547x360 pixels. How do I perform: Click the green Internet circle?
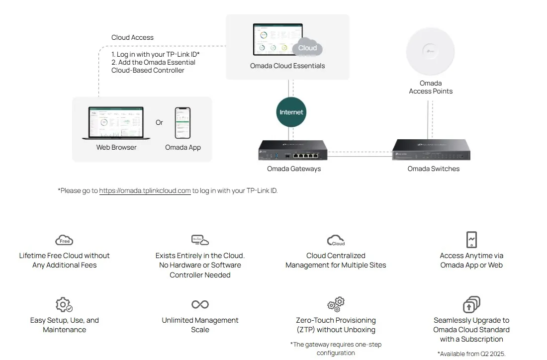click(x=291, y=112)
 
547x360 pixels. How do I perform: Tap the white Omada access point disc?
click(x=430, y=50)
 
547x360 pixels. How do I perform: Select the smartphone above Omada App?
click(x=182, y=123)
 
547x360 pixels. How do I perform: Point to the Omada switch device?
click(x=431, y=150)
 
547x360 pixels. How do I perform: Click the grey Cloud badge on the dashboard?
click(x=307, y=48)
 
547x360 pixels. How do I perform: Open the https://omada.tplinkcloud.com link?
click(x=145, y=190)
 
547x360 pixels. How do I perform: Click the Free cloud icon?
click(x=64, y=240)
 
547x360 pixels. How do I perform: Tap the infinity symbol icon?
click(x=200, y=304)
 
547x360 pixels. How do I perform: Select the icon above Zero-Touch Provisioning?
click(x=336, y=304)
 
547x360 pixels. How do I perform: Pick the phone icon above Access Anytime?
click(x=471, y=240)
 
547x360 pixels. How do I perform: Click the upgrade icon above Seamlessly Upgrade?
click(x=471, y=304)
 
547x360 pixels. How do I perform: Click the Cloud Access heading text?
click(x=132, y=37)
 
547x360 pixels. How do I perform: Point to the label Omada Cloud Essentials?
click(x=287, y=66)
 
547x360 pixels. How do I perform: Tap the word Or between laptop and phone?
click(x=159, y=122)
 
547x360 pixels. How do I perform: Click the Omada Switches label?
click(x=433, y=169)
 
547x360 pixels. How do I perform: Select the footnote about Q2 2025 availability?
click(x=471, y=354)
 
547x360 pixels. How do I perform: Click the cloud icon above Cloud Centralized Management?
click(x=336, y=241)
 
